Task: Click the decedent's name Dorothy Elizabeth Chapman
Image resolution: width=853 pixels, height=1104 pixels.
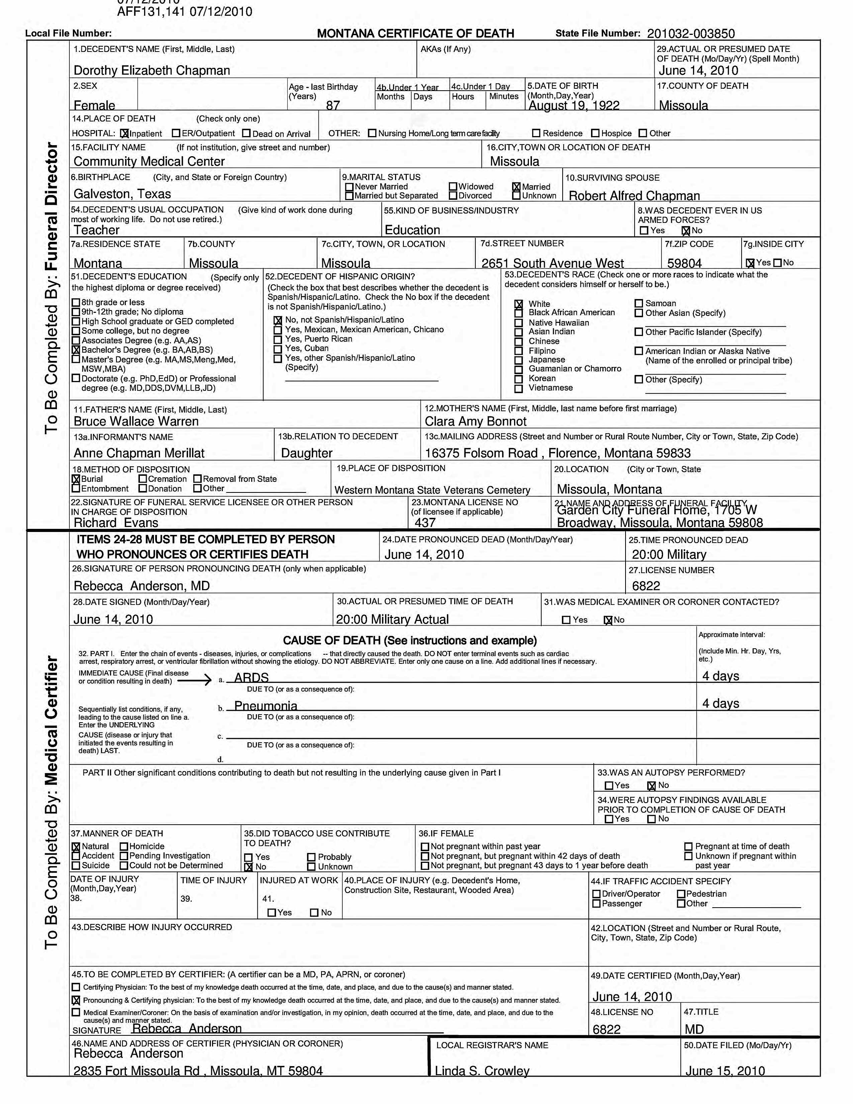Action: pos(152,70)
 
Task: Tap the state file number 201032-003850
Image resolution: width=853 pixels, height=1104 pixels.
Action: pos(690,33)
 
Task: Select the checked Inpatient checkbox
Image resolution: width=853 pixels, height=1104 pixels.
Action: pos(125,134)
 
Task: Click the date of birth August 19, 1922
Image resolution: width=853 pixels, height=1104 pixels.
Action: pos(574,105)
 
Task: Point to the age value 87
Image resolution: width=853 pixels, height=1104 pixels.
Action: pos(332,105)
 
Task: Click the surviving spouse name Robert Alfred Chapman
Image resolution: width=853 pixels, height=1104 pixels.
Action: pos(634,196)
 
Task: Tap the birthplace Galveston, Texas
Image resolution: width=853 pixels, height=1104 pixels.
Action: pos(122,194)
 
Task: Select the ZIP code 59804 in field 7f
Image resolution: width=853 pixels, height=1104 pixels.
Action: pos(684,263)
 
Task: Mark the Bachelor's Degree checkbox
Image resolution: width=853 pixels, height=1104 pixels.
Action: pos(76,350)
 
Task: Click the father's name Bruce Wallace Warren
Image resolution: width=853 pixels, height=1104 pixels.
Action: pos(136,421)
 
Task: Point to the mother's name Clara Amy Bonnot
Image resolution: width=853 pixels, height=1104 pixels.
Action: pos(475,421)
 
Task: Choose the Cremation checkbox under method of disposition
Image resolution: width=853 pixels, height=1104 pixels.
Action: pos(143,479)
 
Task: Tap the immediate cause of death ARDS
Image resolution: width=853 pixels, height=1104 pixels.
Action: pos(251,677)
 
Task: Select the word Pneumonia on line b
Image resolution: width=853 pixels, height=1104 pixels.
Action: pos(265,705)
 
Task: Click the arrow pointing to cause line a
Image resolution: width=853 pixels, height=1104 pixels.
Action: pos(194,681)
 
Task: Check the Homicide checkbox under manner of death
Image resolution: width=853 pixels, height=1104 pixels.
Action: pos(124,846)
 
